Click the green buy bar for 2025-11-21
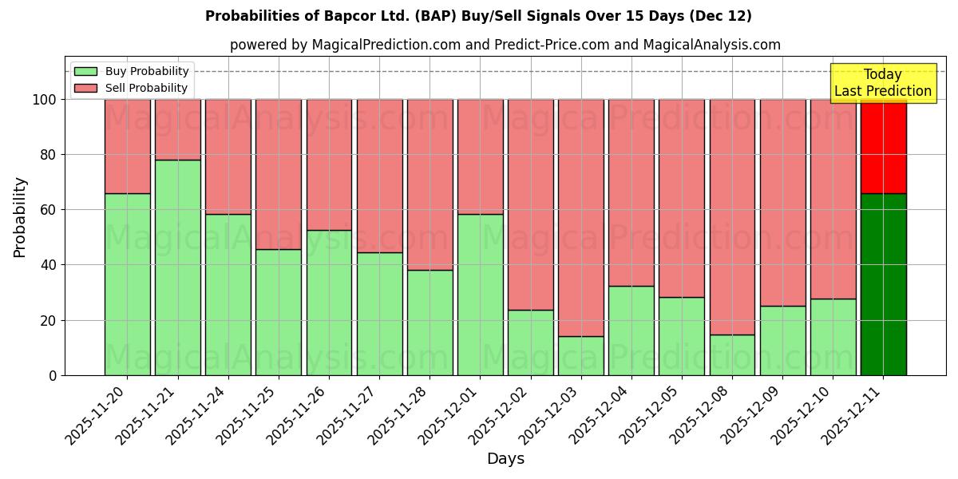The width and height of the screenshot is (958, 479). point(177,267)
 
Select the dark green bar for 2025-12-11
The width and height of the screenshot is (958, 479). point(883,284)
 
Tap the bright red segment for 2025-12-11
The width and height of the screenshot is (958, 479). point(883,146)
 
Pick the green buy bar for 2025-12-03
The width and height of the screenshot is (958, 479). point(581,356)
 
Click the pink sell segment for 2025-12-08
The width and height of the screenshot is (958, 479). point(732,216)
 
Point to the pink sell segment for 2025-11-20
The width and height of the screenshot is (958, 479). point(127,146)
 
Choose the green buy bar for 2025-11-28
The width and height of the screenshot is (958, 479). point(430,323)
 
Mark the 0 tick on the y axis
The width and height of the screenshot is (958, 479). point(53,375)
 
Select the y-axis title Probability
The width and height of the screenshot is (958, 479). point(20,216)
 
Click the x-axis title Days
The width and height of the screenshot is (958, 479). point(505,459)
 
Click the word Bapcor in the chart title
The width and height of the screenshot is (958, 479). point(335,16)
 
